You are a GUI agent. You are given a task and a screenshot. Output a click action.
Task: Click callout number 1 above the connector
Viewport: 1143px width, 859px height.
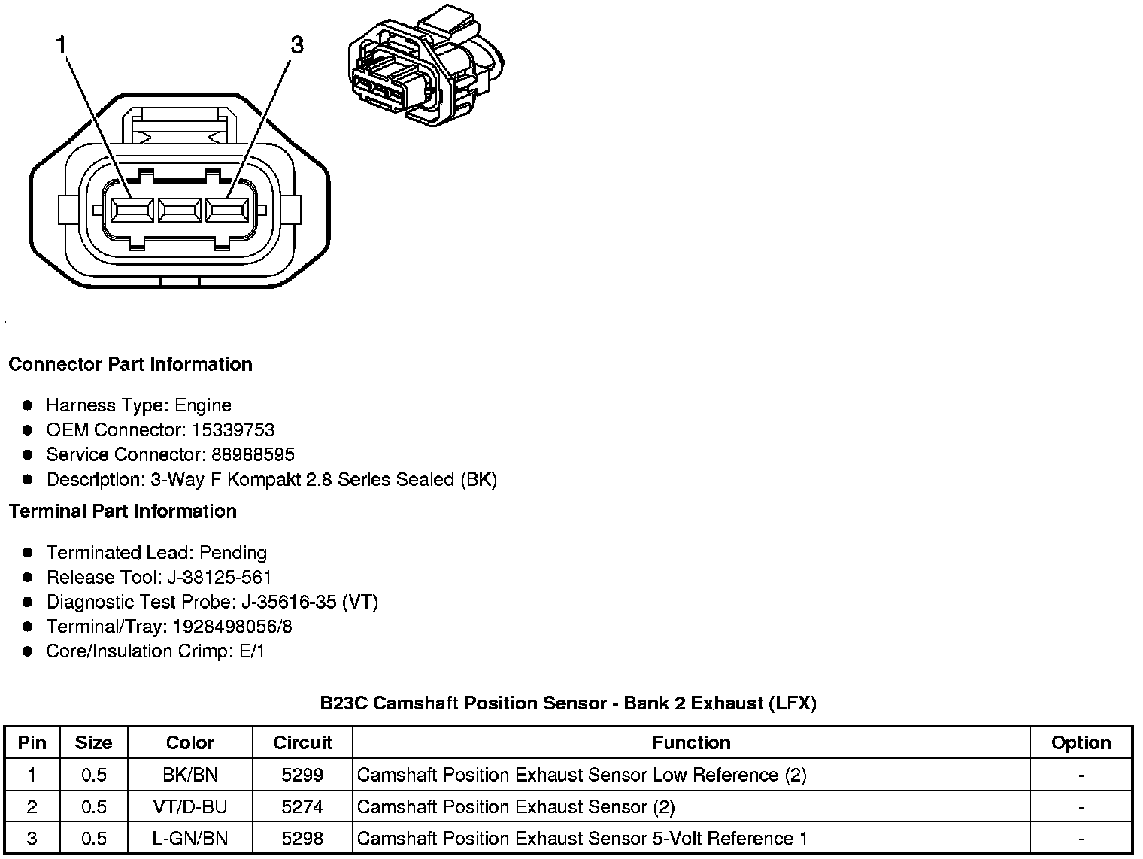tap(62, 46)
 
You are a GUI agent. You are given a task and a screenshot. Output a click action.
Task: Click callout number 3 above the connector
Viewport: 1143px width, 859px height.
tap(297, 46)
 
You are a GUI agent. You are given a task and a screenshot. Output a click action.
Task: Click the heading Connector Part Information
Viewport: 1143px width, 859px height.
tap(130, 365)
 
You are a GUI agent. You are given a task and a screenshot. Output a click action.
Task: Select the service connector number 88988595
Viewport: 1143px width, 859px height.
tap(253, 455)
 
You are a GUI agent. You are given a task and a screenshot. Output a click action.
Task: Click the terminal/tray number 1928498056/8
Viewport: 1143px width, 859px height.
tap(232, 627)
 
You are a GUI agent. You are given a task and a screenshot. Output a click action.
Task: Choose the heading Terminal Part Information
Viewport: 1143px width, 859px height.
tap(123, 511)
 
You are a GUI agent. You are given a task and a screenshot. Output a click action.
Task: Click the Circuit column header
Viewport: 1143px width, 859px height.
tap(302, 743)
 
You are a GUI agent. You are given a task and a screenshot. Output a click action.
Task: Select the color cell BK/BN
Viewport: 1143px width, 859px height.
tap(190, 775)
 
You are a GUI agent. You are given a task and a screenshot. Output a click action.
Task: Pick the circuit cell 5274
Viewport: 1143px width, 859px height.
tap(302, 807)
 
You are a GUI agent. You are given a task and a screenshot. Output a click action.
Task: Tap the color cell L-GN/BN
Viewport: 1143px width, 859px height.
tap(190, 839)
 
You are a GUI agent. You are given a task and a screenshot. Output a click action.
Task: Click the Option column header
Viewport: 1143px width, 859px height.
tap(1081, 743)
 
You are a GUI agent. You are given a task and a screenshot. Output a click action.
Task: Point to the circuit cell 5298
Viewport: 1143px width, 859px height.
tap(302, 839)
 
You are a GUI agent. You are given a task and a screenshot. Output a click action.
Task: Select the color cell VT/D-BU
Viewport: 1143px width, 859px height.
tap(190, 807)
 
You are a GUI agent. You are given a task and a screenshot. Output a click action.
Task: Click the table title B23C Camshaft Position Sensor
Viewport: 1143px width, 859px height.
tap(568, 703)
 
